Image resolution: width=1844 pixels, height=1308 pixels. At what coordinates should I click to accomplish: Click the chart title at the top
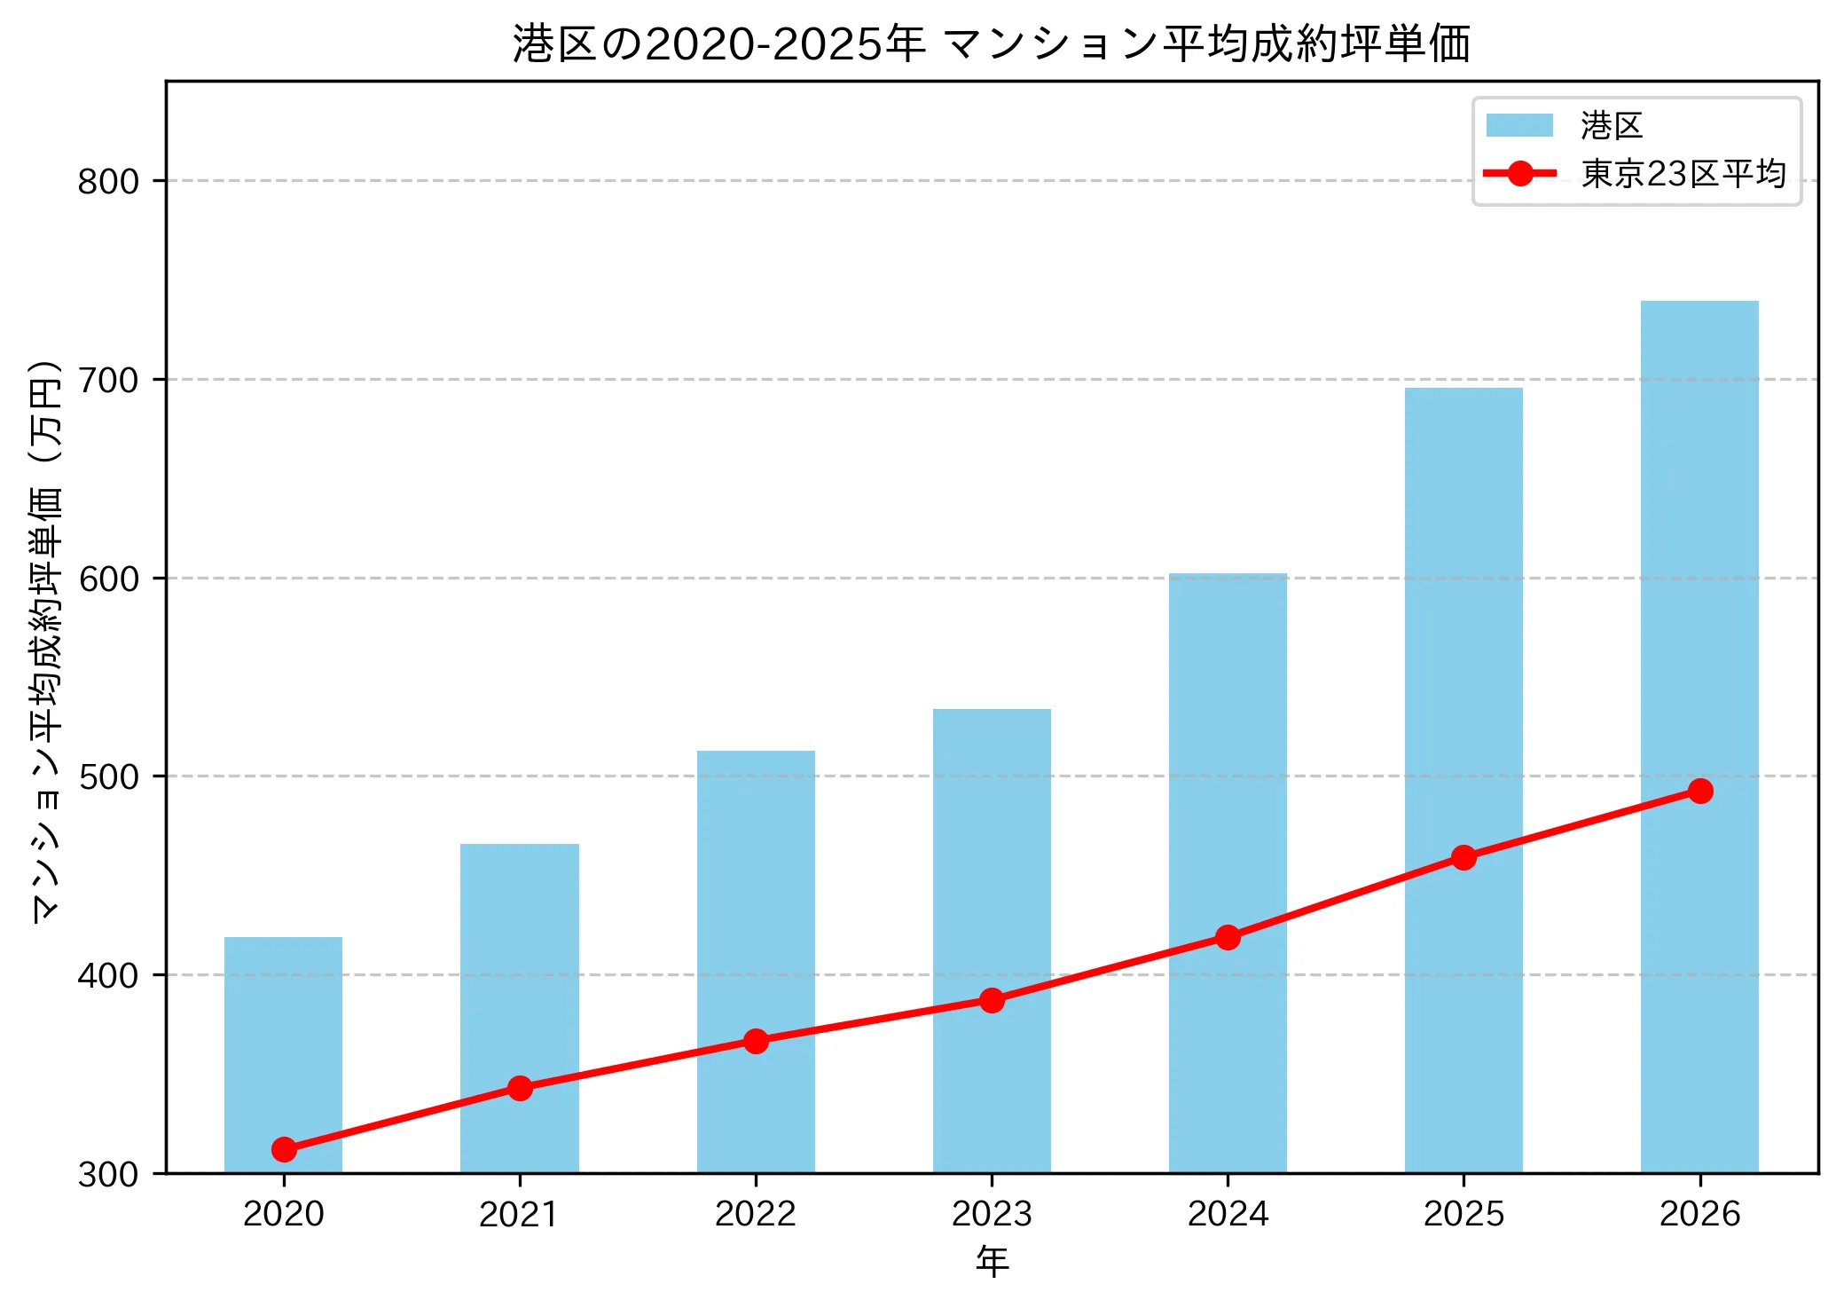click(992, 43)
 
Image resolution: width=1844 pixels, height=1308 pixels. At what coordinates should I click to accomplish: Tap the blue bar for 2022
click(756, 962)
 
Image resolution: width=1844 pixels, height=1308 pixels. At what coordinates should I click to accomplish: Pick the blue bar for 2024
click(1228, 873)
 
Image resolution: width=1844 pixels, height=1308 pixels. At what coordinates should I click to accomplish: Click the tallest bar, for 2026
click(1699, 737)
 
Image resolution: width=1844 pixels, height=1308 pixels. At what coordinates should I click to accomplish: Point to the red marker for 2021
click(520, 1088)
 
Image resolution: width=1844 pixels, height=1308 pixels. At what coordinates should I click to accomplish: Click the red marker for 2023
click(992, 1000)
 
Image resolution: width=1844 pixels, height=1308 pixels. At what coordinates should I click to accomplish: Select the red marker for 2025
click(1463, 857)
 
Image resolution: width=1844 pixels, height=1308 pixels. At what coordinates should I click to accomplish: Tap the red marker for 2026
click(1700, 791)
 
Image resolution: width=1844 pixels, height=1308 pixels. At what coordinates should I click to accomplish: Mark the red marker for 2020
click(284, 1149)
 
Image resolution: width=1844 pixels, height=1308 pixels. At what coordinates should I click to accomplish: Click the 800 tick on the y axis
click(108, 182)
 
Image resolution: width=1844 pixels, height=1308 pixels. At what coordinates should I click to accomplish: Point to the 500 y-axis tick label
click(108, 777)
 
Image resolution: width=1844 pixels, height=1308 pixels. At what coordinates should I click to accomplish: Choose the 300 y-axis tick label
click(108, 1174)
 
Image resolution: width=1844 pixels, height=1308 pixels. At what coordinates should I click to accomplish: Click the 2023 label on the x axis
click(992, 1213)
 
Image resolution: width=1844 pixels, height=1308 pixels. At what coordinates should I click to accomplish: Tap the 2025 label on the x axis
click(1463, 1213)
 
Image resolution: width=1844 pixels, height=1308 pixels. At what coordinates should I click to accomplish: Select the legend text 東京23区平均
click(1683, 173)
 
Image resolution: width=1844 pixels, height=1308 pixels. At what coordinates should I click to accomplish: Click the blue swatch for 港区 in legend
click(1519, 125)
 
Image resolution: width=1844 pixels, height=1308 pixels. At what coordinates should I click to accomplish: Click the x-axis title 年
click(992, 1261)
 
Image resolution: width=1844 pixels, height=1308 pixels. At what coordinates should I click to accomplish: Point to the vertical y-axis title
click(46, 641)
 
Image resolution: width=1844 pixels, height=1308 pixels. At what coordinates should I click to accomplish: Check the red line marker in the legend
click(1519, 173)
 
